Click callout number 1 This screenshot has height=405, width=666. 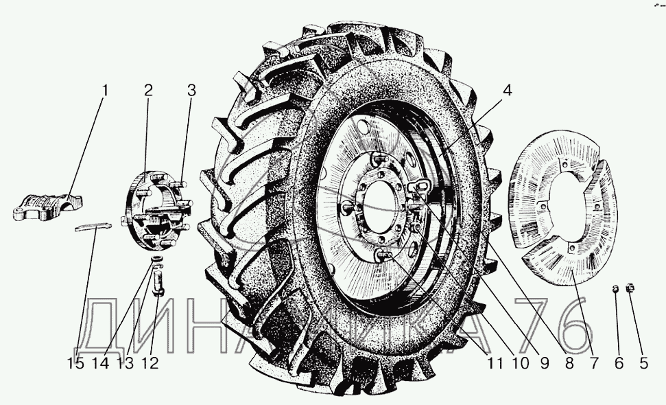105,91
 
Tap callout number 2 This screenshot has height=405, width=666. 148,91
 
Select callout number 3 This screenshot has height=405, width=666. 191,91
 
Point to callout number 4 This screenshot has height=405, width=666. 507,91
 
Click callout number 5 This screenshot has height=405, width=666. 643,363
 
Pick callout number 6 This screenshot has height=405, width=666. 619,363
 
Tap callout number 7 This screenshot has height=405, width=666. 594,363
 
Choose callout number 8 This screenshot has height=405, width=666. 569,363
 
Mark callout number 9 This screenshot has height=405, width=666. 545,363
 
